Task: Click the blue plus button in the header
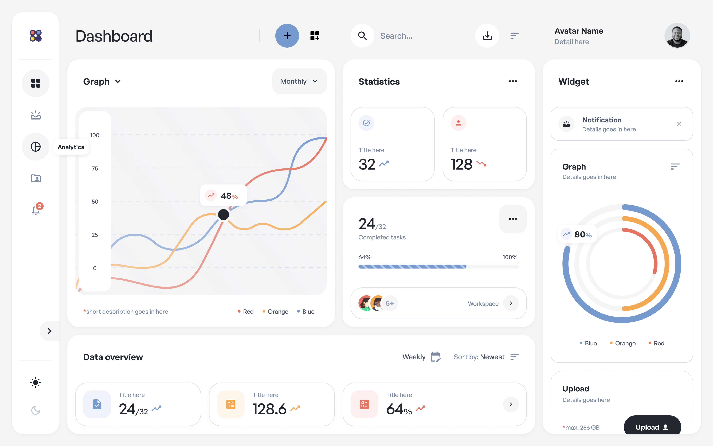click(287, 36)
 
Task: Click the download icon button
click(487, 36)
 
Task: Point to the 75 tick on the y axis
click(95, 168)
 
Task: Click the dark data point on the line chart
click(223, 214)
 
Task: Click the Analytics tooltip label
click(71, 147)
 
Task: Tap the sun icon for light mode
click(36, 383)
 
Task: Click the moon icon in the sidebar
click(36, 410)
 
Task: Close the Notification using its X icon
click(679, 124)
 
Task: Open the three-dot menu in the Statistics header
click(513, 81)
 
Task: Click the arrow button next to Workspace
click(511, 303)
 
